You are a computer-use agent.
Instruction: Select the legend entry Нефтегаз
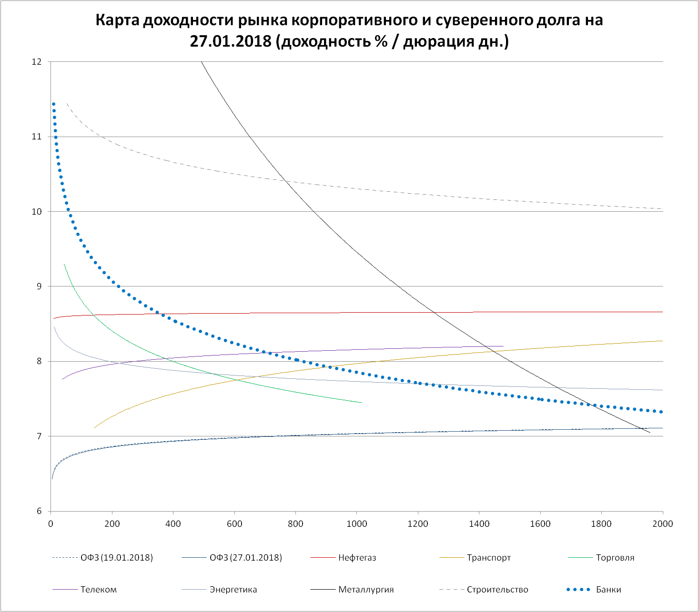[x=357, y=558]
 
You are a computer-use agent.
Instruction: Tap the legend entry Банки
[x=608, y=590]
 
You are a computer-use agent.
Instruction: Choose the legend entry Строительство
[x=497, y=590]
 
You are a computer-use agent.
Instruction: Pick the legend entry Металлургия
[x=366, y=590]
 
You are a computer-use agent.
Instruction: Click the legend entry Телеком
[x=98, y=590]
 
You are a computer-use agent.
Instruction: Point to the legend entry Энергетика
[x=233, y=590]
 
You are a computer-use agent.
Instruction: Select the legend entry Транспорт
[x=488, y=558]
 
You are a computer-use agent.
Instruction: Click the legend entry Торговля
[x=615, y=558]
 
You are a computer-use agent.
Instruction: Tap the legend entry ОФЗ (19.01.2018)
[x=117, y=558]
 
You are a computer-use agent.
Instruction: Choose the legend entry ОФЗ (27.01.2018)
[x=245, y=558]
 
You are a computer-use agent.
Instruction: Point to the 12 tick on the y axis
[x=37, y=62]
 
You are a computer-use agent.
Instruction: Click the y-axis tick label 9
[x=39, y=286]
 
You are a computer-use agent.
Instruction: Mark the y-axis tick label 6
[x=39, y=512]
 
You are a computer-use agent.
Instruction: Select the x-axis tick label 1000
[x=356, y=524]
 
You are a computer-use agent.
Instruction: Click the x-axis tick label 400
[x=173, y=524]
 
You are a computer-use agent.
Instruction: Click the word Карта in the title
[x=118, y=20]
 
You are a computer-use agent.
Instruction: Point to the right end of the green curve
[x=362, y=403]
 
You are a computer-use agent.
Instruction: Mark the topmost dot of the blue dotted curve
[x=53, y=104]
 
